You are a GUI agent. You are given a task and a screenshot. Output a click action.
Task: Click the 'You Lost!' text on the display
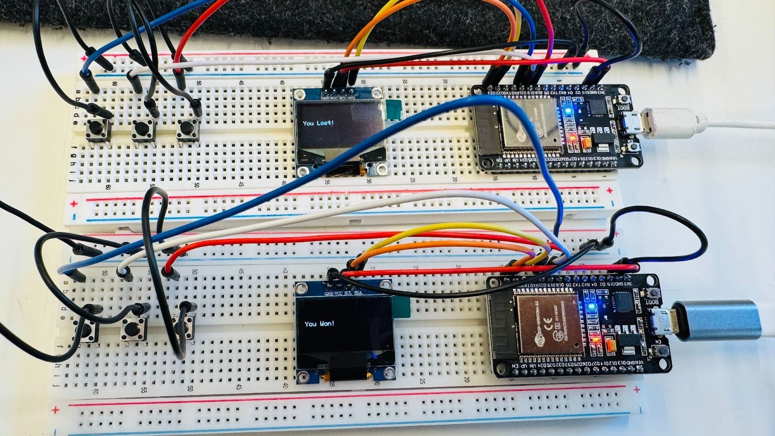318,123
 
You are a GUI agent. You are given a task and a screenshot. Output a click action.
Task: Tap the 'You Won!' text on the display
319,324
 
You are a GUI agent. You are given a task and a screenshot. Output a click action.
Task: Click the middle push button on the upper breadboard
142,129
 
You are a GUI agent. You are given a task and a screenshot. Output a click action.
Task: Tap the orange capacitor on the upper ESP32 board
587,143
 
